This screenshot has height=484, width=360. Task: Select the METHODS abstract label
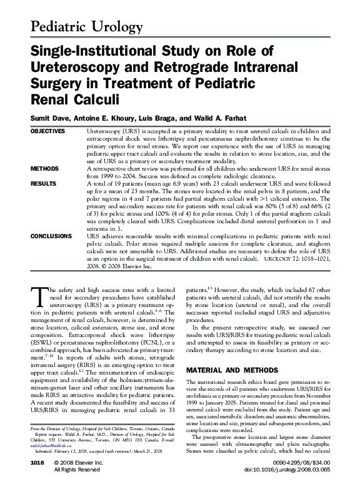pos(43,169)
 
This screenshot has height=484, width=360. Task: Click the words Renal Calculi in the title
pos(72,99)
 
